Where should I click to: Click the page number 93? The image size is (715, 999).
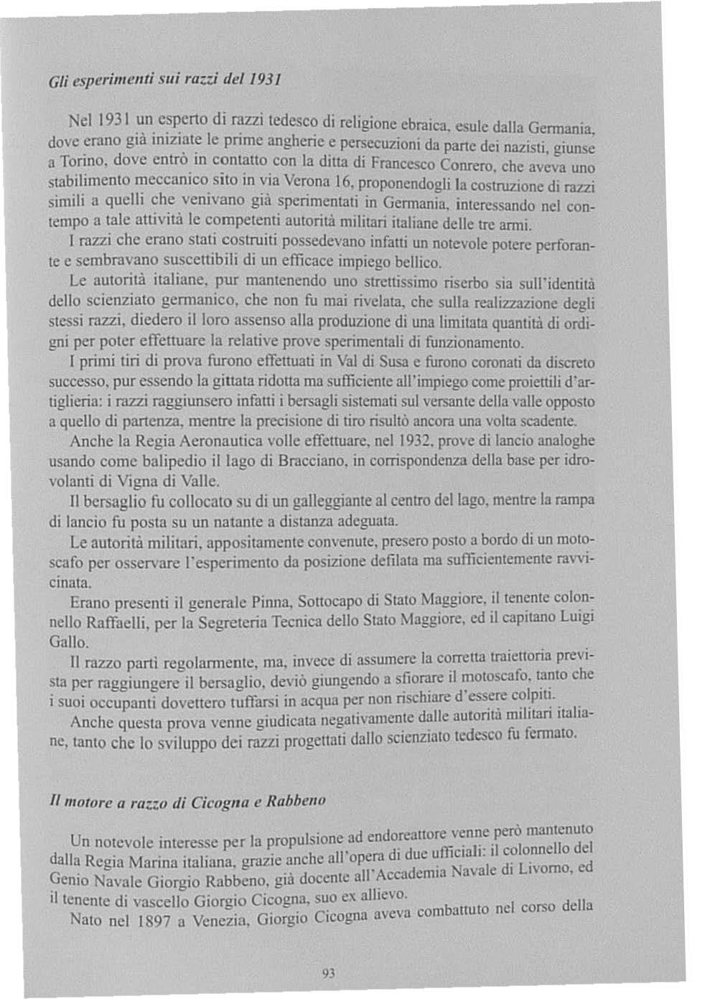tap(330, 973)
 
